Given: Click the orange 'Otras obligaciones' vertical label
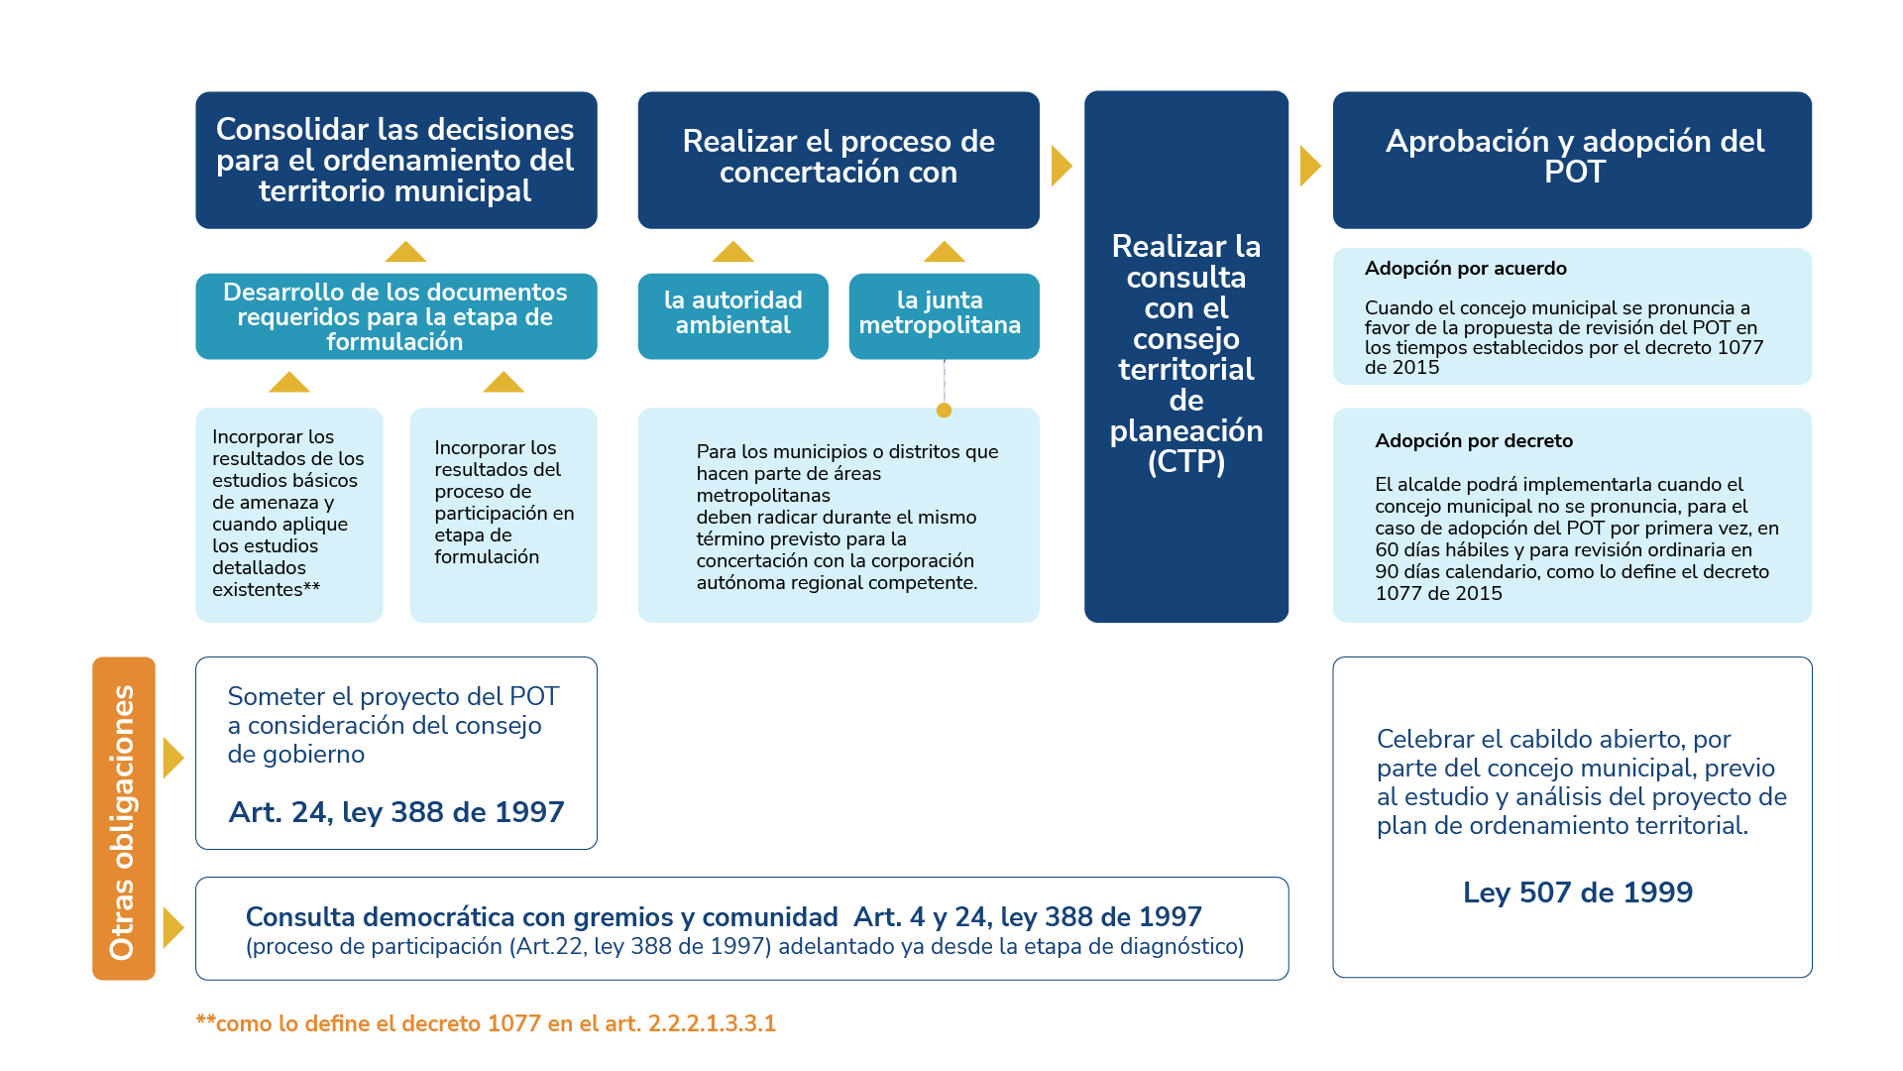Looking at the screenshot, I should tap(123, 819).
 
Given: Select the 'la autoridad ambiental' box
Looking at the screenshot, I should tap(732, 315).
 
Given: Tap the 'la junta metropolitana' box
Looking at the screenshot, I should tap(943, 315).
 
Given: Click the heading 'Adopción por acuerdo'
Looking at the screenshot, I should tap(1465, 269).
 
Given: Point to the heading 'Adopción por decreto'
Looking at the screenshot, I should tap(1473, 441).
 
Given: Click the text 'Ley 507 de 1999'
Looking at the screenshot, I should tap(1577, 892).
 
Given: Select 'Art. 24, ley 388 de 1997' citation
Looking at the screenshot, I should tap(395, 812).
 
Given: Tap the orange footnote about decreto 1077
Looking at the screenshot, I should tap(486, 1023).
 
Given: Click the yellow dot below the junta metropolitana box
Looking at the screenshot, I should tap(944, 411).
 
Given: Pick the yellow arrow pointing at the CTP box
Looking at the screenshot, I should tap(1061, 167).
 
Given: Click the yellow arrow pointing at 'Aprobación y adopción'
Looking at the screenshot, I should tap(1309, 167).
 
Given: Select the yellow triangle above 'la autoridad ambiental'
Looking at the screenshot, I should tap(732, 251).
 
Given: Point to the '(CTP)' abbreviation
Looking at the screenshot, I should tap(1185, 462).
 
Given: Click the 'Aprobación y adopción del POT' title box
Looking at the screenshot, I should tap(1572, 160).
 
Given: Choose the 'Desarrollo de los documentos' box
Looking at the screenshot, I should tap(395, 316).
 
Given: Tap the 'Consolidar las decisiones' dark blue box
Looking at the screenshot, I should tap(395, 160).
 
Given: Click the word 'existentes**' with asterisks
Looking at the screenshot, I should tap(266, 590).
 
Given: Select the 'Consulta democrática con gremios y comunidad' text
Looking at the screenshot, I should tap(541, 917).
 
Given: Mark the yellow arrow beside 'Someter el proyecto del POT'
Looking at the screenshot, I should tap(172, 758).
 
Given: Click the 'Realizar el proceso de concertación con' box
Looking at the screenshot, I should tap(838, 160).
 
